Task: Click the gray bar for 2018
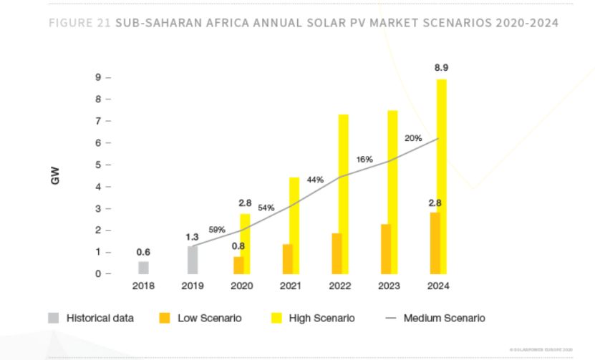[x=143, y=268]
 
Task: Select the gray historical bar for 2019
[x=192, y=260]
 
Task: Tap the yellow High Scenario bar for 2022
[x=344, y=194]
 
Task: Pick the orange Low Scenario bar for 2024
[x=434, y=243]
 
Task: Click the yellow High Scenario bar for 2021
[x=294, y=225]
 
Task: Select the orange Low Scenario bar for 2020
[x=238, y=266]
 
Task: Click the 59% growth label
[x=217, y=230]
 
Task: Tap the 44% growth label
[x=315, y=180]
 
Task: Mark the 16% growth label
[x=364, y=159]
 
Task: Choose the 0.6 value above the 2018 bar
[x=143, y=252]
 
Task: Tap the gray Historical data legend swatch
[x=54, y=318]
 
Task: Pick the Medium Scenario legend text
[x=444, y=318]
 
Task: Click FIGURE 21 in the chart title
[x=79, y=23]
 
